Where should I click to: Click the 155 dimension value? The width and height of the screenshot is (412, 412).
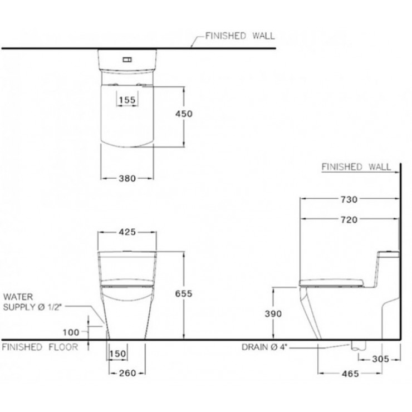tap(127, 100)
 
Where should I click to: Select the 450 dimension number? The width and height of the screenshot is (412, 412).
tap(184, 114)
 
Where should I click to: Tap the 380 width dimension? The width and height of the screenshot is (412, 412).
tap(127, 178)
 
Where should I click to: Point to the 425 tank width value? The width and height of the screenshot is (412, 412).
tap(127, 232)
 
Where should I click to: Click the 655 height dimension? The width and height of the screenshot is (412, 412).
tap(184, 293)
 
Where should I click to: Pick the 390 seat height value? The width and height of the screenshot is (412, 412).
tap(273, 313)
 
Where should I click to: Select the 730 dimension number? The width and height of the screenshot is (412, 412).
tap(349, 199)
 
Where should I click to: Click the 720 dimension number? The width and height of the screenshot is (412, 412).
tap(349, 219)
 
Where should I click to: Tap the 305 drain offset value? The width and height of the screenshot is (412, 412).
tap(380, 359)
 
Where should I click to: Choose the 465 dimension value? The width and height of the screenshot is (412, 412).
tap(350, 374)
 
